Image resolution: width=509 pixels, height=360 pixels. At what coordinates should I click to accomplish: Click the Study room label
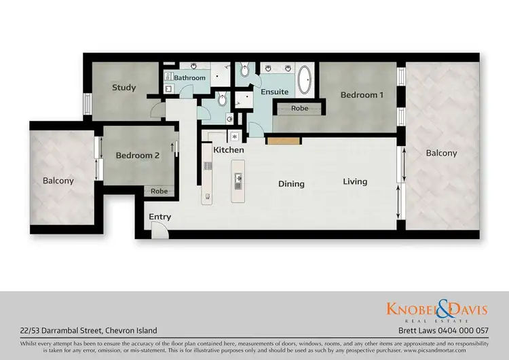point(124,88)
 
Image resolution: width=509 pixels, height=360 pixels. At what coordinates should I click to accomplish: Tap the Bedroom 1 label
point(362,95)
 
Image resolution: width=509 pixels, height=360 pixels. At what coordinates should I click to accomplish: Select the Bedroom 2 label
point(138,156)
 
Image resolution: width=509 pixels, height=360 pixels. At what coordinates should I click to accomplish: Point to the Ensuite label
point(275,92)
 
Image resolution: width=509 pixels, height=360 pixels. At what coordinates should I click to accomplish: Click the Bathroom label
point(189,78)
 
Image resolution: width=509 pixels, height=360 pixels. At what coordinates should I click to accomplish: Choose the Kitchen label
point(229,149)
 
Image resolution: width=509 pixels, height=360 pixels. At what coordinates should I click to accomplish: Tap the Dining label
point(292,183)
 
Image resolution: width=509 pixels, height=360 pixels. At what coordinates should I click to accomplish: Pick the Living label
point(355,181)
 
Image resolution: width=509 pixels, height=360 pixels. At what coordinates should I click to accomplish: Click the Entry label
point(160,217)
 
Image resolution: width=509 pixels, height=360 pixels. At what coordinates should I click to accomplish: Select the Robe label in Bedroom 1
point(299,108)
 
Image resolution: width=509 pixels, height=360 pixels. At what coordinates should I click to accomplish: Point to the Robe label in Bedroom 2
point(159,192)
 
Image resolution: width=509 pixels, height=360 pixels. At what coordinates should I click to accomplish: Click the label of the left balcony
point(58,181)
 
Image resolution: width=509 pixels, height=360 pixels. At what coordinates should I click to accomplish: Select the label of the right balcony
point(441,154)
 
